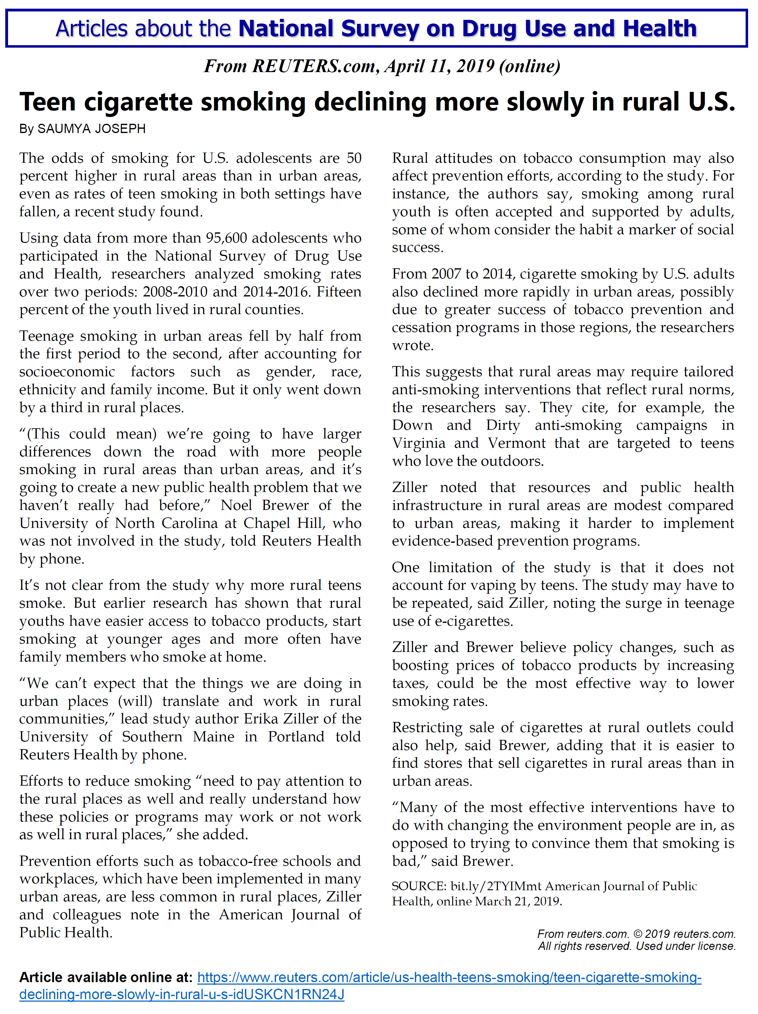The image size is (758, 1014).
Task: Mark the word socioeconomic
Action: click(67, 372)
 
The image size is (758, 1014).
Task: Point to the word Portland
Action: click(295, 737)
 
